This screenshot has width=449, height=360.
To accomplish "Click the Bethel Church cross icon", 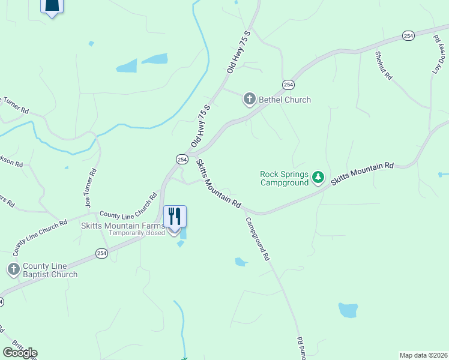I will click(x=250, y=99).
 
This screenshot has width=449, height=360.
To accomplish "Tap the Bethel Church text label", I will click(x=285, y=100).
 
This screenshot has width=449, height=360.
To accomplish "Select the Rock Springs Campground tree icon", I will click(x=318, y=178).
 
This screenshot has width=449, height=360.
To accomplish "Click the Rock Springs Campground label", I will click(x=284, y=178).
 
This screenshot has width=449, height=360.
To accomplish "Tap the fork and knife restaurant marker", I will click(x=175, y=217).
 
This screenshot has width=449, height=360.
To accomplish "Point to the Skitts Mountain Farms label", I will click(x=123, y=226).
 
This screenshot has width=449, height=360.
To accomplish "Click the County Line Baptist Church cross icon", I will click(x=14, y=269).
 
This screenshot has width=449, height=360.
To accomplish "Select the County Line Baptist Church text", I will click(x=50, y=270).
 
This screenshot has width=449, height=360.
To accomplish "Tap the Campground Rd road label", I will click(x=257, y=238).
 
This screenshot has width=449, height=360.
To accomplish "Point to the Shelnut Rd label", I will click(x=384, y=66).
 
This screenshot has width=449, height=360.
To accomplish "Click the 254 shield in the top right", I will click(x=408, y=36).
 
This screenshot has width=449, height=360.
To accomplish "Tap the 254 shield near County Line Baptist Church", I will click(x=101, y=254).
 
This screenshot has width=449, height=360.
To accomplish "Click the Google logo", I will click(x=20, y=352).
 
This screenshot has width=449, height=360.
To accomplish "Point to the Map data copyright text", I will click(x=423, y=355).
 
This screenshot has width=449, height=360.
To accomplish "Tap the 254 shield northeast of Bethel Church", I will click(x=288, y=85).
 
